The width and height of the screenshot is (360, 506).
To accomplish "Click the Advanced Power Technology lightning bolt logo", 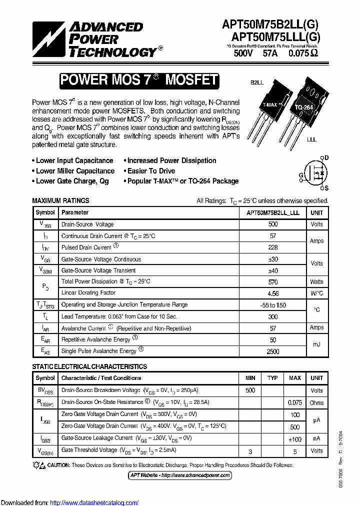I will click(x=49, y=38).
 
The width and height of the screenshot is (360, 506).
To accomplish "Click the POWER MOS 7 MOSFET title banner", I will click(x=138, y=80).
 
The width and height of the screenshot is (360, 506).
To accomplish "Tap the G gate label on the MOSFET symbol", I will click(x=301, y=175).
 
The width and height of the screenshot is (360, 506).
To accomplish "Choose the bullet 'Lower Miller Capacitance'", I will click(x=75, y=171).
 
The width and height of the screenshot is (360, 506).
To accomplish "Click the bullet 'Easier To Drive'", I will click(x=151, y=171).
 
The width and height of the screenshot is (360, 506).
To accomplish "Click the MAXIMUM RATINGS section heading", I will click(x=60, y=200).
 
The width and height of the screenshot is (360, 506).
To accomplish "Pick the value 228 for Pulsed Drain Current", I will click(x=273, y=247).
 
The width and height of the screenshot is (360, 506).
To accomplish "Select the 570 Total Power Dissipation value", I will click(x=273, y=282).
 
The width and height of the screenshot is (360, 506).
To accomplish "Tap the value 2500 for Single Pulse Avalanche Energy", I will click(x=273, y=351).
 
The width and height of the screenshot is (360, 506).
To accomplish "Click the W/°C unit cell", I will click(x=316, y=293).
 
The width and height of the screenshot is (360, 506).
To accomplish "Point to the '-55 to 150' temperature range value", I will click(x=273, y=305).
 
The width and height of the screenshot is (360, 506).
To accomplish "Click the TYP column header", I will click(x=272, y=378).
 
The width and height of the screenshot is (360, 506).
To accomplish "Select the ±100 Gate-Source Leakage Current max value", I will click(x=295, y=438).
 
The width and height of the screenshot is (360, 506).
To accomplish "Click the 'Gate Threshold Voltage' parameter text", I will click(x=89, y=450).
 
